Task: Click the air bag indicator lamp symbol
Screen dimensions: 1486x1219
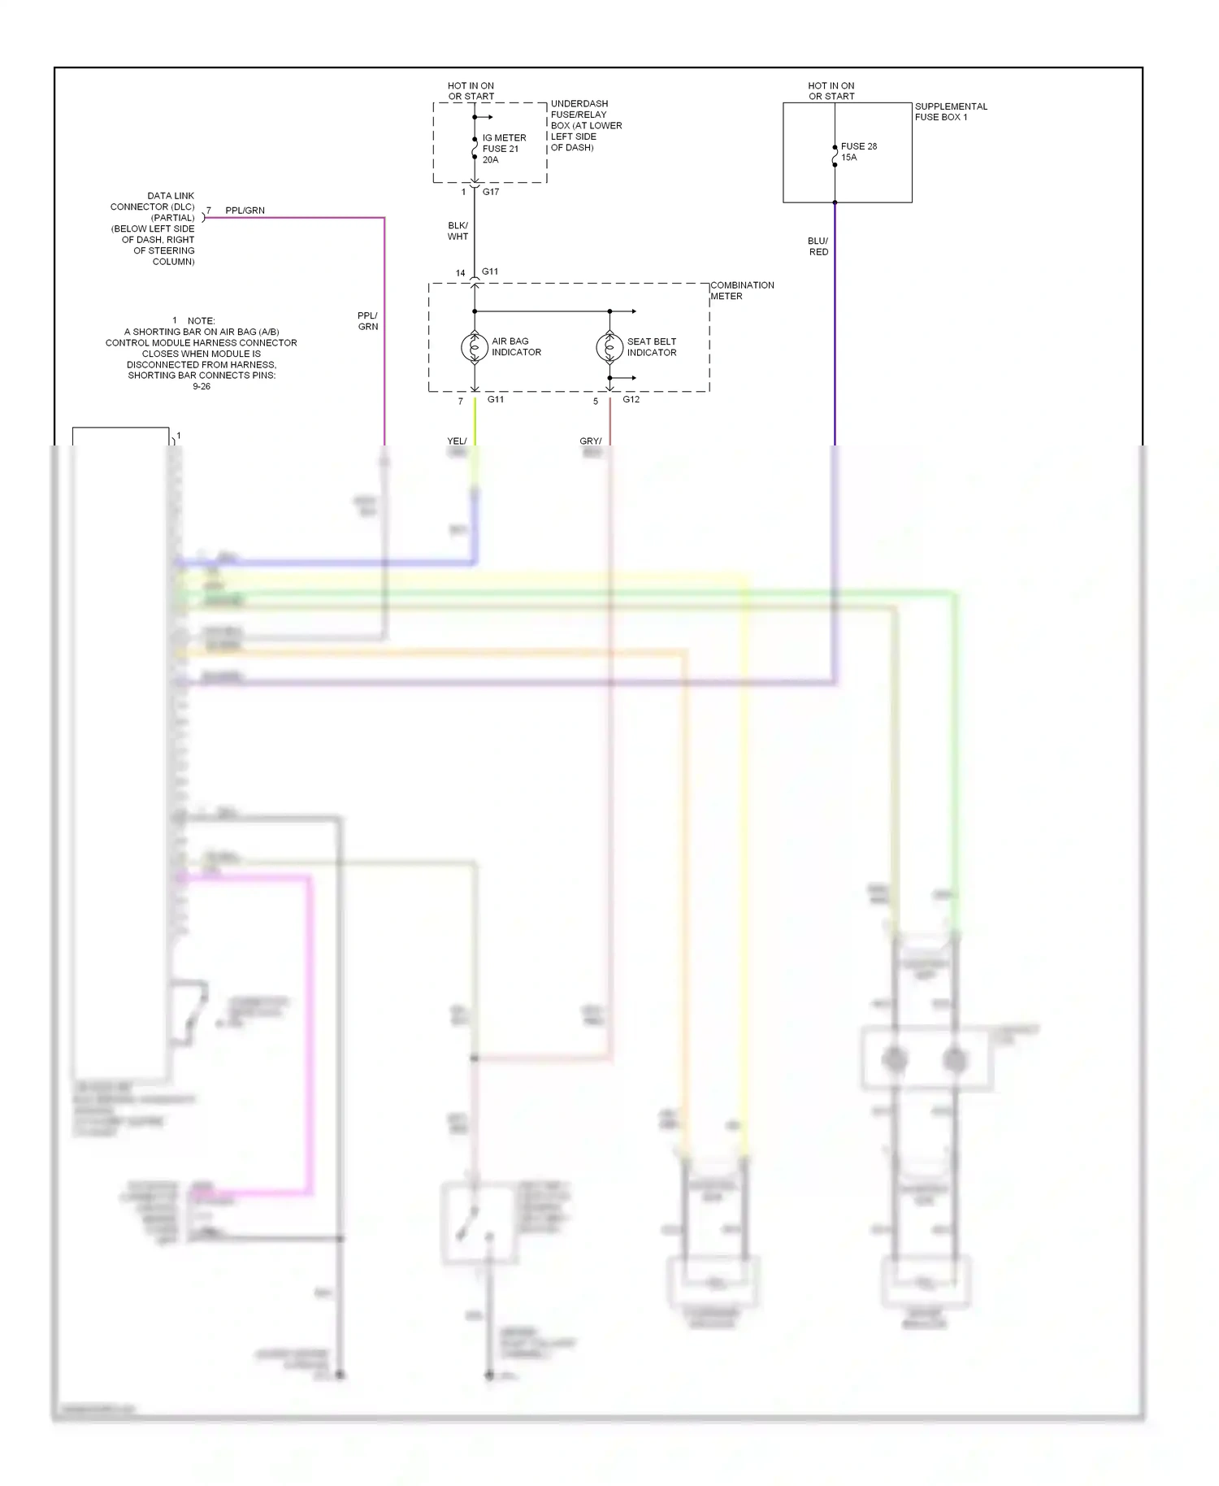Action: (475, 347)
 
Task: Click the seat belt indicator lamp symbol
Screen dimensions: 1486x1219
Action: (609, 347)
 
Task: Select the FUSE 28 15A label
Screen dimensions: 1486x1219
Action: (858, 152)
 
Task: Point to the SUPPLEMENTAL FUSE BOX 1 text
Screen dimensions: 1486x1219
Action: (951, 111)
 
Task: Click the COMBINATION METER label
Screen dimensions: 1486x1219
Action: (742, 290)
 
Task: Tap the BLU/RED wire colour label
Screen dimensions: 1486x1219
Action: (818, 246)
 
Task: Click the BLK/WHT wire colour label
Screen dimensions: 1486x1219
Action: (458, 231)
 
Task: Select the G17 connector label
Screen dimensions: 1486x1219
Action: (491, 192)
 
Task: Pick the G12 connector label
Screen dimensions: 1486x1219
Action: (631, 399)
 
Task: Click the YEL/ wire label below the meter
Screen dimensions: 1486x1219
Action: (457, 441)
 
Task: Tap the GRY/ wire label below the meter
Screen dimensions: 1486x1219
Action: (591, 441)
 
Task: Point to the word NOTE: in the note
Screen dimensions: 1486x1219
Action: (201, 321)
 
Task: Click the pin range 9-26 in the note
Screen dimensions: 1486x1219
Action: (202, 386)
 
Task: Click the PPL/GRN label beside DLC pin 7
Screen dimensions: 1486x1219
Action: (245, 211)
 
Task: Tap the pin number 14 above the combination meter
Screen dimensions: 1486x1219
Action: (461, 273)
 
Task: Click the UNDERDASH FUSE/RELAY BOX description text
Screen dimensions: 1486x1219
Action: (586, 125)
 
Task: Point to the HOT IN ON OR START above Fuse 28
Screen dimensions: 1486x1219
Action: (831, 90)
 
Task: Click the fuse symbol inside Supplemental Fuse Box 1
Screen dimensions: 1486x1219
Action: (835, 156)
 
